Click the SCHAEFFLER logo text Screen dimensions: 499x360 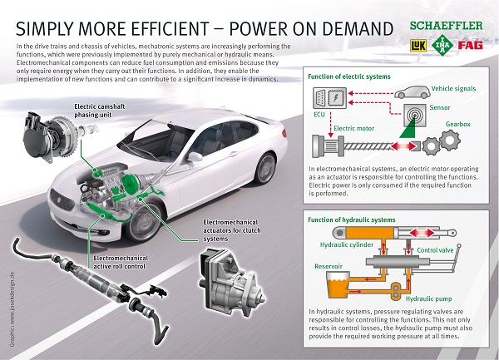pos(446,26)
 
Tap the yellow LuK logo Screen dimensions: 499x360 pos(418,46)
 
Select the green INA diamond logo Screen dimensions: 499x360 pos(442,45)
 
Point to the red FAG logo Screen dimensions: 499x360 pos(471,45)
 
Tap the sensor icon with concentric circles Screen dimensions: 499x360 pos(415,115)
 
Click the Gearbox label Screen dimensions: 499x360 pos(457,124)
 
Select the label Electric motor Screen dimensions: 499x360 pos(353,129)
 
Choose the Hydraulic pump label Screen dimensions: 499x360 pos(428,299)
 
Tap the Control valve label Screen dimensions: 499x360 pos(435,250)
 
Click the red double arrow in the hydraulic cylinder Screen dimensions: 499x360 pos(422,233)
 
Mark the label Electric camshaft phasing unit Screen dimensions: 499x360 pos(100,111)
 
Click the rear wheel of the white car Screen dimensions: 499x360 pos(265,168)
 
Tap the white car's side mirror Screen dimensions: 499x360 pos(195,157)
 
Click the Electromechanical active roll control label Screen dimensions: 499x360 pos(120,262)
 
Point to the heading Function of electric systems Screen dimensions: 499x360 pos(349,76)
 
